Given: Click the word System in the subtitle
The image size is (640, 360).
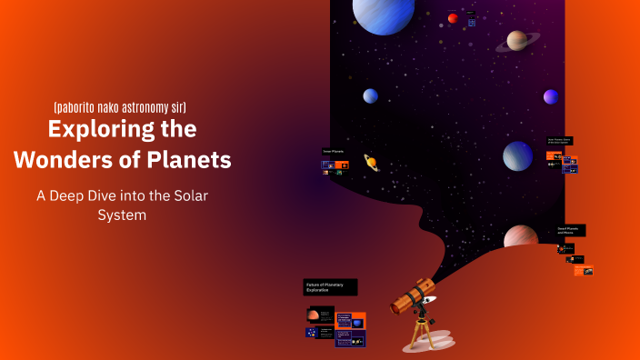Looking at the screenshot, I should tap(121, 215).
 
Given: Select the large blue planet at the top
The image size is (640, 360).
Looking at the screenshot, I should tap(384, 14).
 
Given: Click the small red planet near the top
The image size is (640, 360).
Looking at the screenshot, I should tap(453, 18).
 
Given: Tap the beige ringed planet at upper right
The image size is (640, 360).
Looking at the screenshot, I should tap(517, 40).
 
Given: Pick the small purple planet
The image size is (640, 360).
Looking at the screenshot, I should tap(551, 96).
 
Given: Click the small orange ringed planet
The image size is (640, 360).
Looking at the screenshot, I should tap(371, 162).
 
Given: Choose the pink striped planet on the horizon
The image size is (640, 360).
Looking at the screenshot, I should tap(520, 238).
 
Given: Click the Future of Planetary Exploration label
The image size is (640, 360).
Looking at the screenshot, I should tap(330, 287).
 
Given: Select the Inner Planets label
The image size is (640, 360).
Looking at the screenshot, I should tap(333, 151).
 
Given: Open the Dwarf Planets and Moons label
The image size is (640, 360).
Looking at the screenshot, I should tap(570, 231).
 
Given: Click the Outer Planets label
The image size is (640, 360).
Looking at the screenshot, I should tap(558, 141).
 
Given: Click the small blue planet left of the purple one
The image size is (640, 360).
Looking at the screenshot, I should tap(371, 96).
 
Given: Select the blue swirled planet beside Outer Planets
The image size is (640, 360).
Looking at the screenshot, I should tap(518, 155).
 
